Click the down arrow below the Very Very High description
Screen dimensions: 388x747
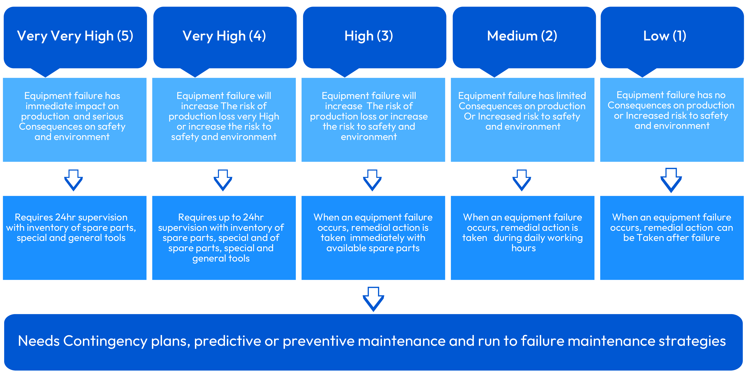click(73, 180)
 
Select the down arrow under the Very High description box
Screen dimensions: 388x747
click(223, 180)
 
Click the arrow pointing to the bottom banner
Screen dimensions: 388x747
click(373, 299)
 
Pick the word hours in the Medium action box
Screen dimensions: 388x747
click(524, 248)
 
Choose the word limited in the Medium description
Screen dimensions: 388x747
click(569, 96)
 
